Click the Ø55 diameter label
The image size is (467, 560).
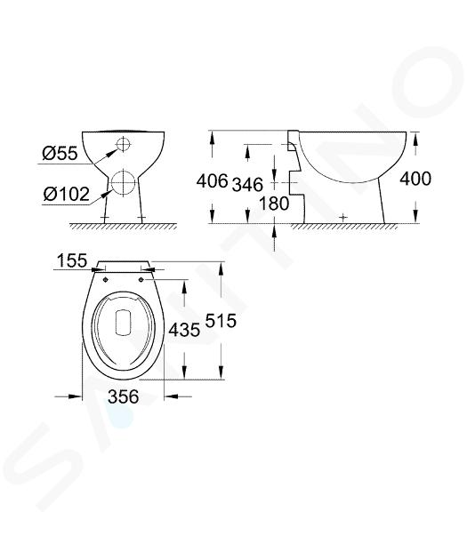(60, 153)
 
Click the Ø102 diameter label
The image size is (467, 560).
(66, 195)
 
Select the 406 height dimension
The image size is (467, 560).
(213, 180)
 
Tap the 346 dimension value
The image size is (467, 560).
(247, 184)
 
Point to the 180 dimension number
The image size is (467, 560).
(274, 204)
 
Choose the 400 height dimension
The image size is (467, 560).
(415, 179)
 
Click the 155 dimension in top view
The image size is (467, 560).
(72, 260)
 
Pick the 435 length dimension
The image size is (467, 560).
(184, 329)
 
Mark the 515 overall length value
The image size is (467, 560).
(221, 320)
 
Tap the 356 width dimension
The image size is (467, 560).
(124, 396)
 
